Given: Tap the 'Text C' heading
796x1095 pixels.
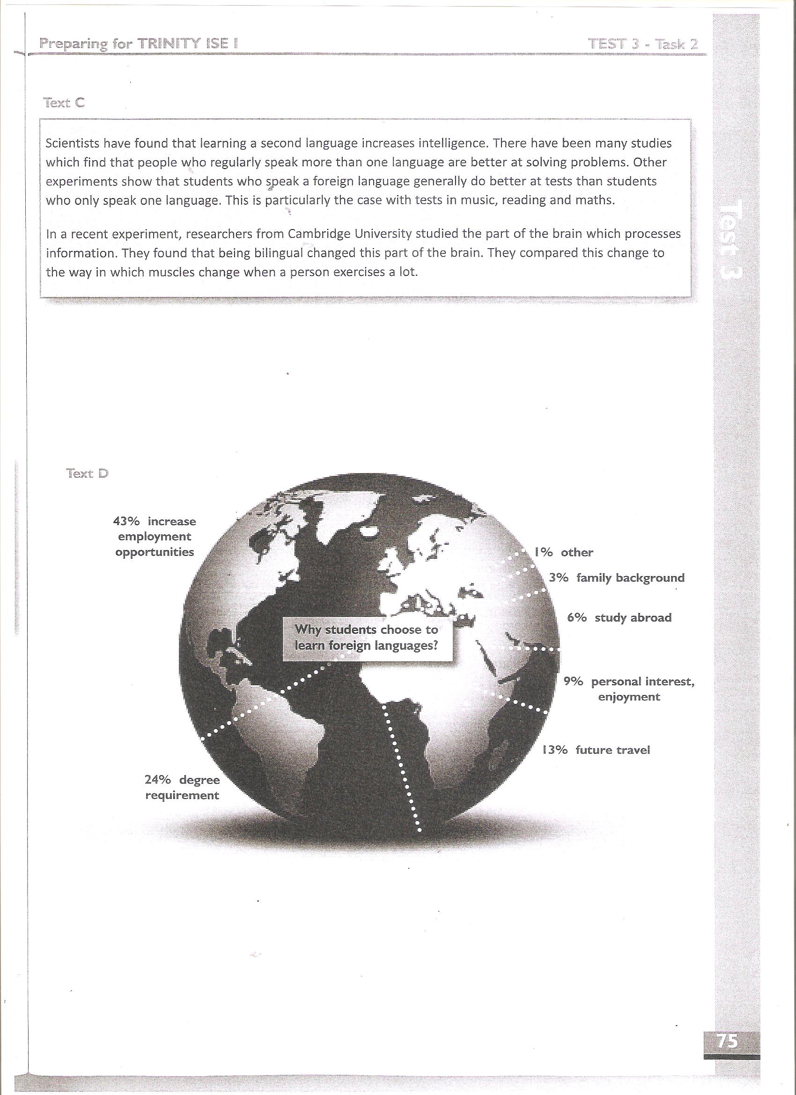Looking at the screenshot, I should coord(64,103).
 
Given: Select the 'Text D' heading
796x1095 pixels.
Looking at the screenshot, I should coord(88,473).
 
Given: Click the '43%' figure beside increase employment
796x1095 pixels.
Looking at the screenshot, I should coord(126,521).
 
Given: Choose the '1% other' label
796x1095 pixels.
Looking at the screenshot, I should coord(563,552).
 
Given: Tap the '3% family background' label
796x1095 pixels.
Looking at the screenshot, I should coord(616,578).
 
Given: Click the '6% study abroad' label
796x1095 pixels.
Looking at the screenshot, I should coord(619,617).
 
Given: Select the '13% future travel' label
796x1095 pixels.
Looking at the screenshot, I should coord(596,750).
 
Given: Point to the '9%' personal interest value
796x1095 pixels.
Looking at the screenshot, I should coord(574,681).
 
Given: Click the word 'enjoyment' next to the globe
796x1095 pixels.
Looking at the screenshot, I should coord(628,697).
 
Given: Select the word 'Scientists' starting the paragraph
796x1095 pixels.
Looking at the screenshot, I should coord(73,143).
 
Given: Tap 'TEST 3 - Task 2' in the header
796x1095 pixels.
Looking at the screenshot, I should coord(643,44).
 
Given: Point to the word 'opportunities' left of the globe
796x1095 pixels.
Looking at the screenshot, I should coord(155,552).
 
